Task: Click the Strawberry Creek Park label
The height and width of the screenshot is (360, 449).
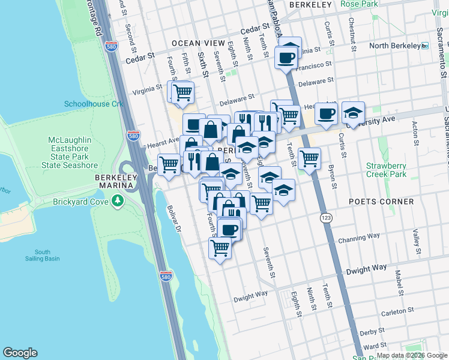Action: point(387,170)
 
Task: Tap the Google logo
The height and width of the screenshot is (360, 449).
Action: point(20,353)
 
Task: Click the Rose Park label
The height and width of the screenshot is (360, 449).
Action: point(358,4)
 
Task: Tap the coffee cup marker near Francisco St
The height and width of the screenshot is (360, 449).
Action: point(286,58)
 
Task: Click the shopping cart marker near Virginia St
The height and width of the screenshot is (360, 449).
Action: point(182,92)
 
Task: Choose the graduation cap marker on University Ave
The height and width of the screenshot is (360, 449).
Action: point(353,112)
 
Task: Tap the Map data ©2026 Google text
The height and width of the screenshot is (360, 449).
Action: point(412,355)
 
